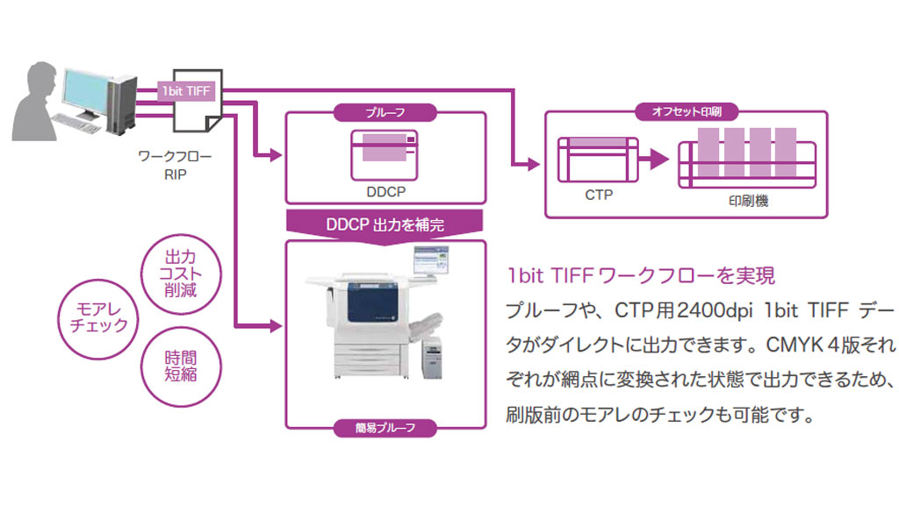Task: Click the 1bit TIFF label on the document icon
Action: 186,91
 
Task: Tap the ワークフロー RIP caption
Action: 175,165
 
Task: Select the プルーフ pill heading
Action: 385,112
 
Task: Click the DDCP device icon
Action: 385,155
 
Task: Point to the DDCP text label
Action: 386,192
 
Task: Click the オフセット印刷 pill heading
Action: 687,111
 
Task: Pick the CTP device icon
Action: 598,160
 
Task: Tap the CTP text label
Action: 599,195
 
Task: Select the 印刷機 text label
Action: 748,201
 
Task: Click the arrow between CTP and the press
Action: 654,159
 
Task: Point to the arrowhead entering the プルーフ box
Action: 277,154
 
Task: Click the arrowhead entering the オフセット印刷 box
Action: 534,164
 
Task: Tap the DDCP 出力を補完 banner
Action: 385,226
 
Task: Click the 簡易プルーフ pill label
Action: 385,428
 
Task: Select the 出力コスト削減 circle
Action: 181,274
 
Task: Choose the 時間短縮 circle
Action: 181,366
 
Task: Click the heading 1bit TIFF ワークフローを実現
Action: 640,276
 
